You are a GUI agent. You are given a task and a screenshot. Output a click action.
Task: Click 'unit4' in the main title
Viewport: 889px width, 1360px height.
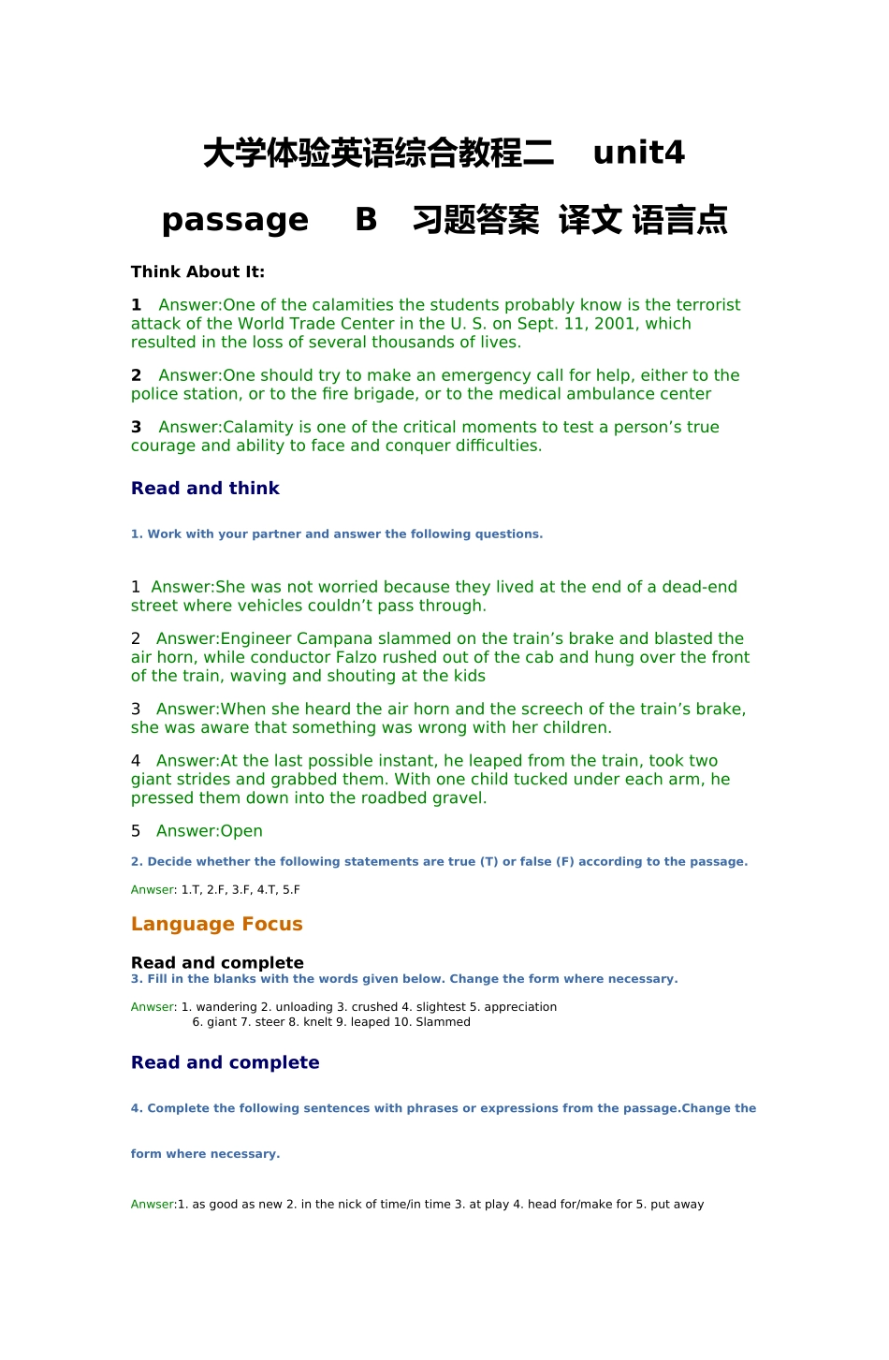638,153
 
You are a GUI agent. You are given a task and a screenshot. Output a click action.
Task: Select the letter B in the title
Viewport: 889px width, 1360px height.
366,220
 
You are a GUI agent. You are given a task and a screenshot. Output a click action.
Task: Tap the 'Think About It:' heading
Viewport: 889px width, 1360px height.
197,272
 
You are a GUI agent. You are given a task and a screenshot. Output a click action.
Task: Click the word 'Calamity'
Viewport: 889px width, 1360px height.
257,428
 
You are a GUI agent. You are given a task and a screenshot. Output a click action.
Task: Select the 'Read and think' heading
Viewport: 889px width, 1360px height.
205,489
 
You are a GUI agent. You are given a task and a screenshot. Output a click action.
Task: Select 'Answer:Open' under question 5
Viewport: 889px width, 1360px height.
209,831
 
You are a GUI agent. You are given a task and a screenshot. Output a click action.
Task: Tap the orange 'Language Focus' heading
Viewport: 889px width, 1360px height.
216,925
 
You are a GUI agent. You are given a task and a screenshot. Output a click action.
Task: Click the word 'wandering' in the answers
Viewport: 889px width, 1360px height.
226,1007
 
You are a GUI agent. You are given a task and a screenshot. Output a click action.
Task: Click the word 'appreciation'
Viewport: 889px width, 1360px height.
520,1007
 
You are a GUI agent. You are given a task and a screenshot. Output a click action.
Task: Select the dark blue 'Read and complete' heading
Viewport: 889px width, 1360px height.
225,1063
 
